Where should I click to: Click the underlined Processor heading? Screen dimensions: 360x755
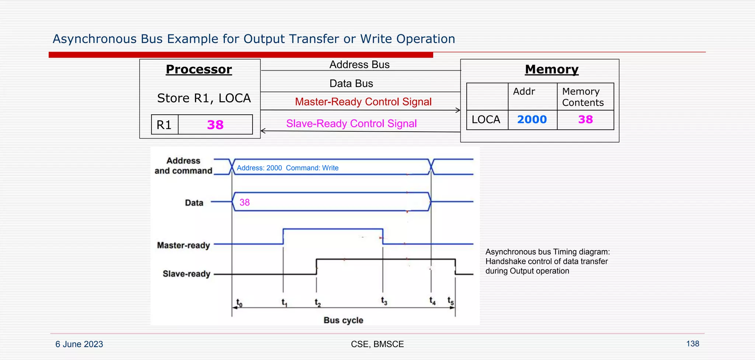pos(199,69)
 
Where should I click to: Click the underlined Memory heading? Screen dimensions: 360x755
pos(552,69)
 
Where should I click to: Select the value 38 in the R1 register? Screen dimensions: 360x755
pos(215,125)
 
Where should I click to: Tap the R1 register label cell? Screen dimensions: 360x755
pos(164,125)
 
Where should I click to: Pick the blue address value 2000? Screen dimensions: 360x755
pos(532,120)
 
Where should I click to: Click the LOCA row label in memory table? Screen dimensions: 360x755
pos(486,120)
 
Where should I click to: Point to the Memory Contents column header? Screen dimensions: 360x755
pos(583,97)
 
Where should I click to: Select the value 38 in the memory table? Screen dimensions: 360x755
pos(585,120)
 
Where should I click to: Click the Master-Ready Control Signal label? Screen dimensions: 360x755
pos(363,102)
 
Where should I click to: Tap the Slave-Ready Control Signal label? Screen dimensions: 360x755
pos(351,124)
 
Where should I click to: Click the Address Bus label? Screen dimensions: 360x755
pos(359,65)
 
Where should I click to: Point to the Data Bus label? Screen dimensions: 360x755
pos(351,84)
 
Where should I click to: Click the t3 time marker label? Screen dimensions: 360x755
pos(384,301)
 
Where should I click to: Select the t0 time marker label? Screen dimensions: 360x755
pos(239,303)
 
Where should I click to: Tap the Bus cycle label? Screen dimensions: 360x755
pos(343,320)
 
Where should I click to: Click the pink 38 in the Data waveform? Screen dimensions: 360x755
pos(244,202)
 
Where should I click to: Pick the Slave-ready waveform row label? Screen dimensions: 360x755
pos(186,274)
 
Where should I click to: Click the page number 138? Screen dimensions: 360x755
pos(692,344)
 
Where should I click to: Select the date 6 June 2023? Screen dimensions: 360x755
pos(79,344)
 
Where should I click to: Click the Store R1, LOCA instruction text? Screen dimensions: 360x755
pos(204,98)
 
